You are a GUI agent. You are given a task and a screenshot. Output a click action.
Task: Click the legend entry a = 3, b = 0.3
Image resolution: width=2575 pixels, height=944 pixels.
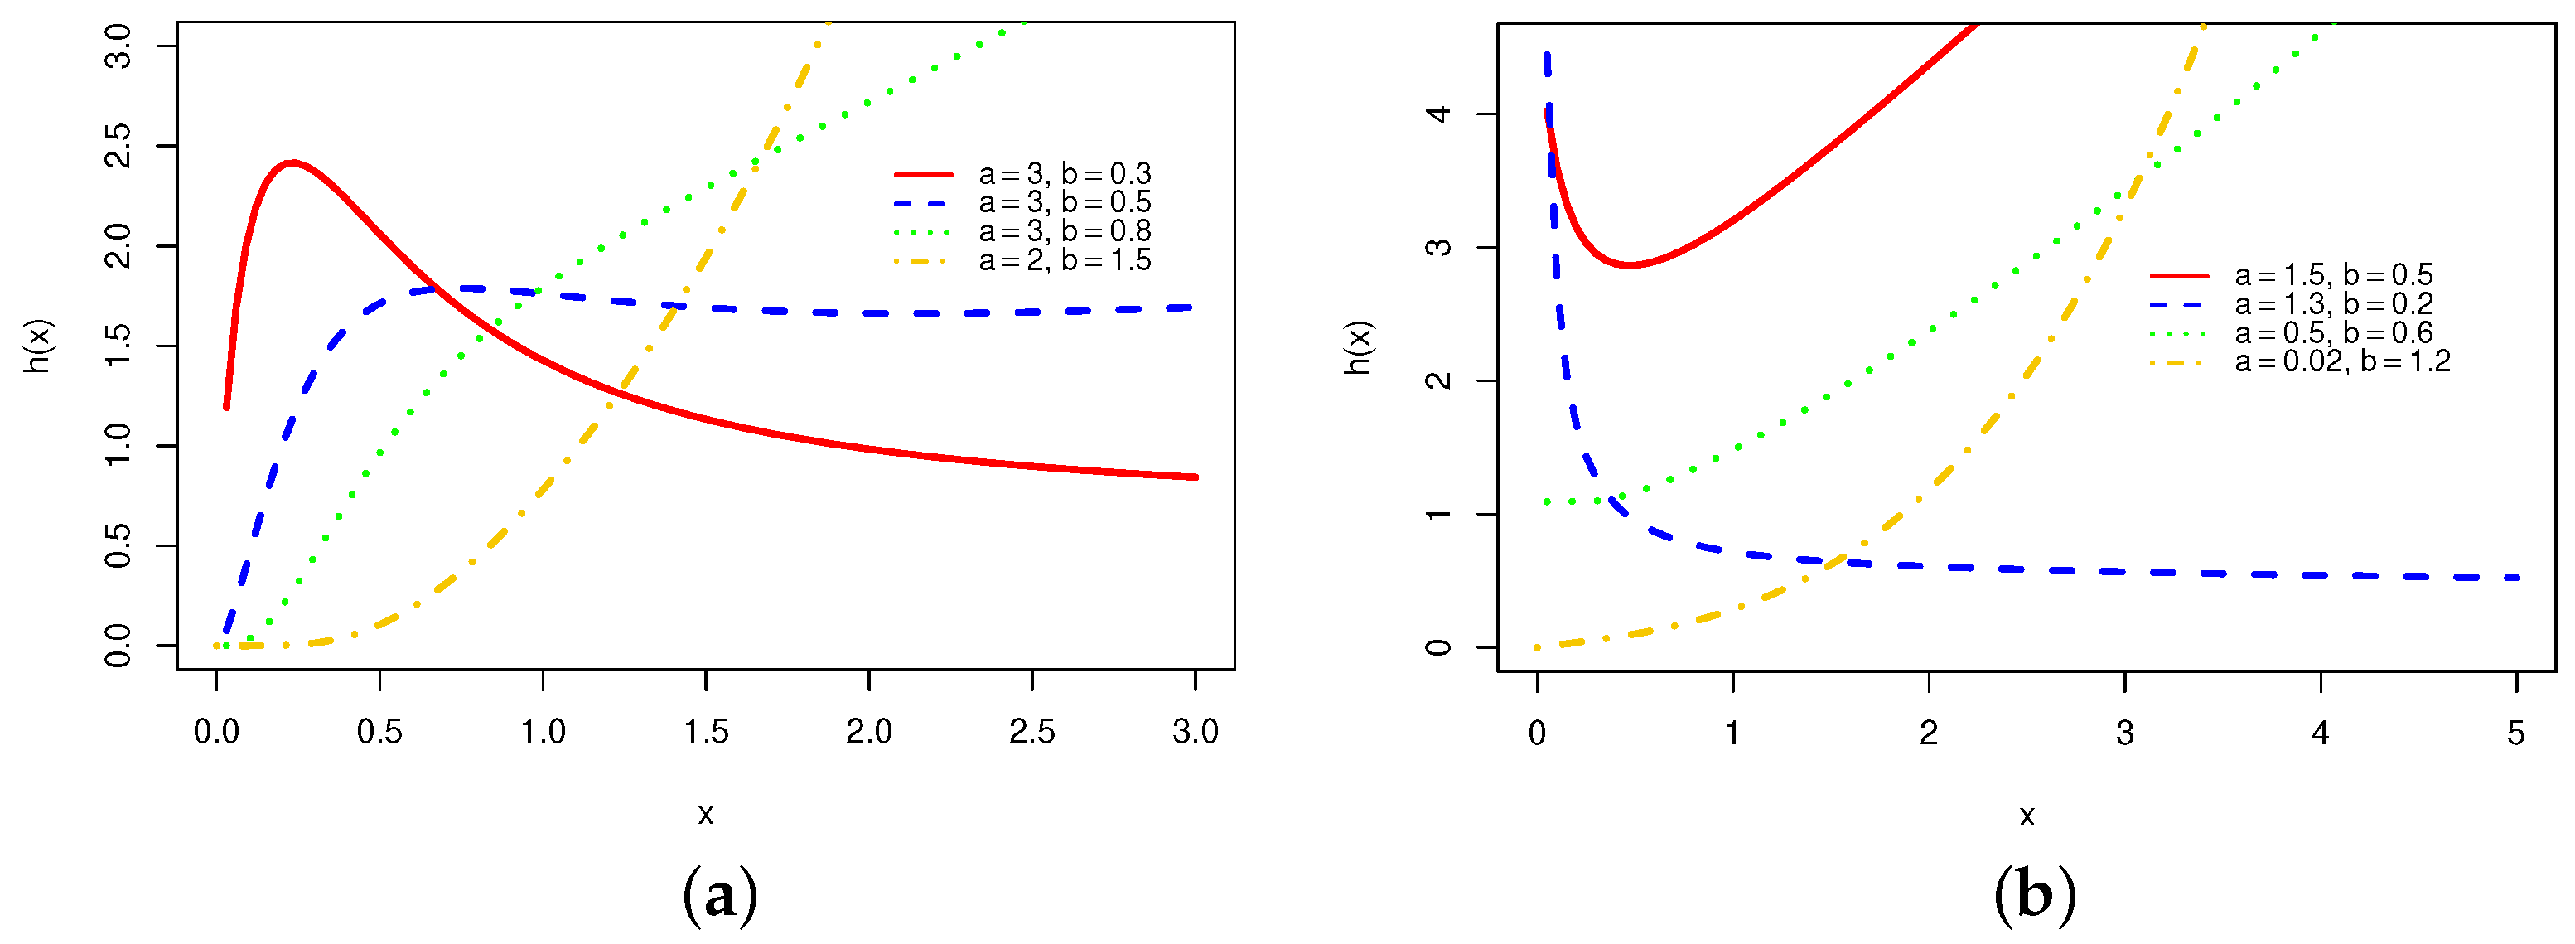click(x=1065, y=174)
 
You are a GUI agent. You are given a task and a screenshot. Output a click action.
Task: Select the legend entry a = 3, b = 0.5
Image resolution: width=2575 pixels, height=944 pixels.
click(x=1065, y=203)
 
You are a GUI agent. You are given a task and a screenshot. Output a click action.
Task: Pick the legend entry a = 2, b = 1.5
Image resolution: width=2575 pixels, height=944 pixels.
click(x=1065, y=260)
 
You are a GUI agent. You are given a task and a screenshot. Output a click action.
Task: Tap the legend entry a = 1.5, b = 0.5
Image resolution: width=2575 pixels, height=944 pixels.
click(x=2333, y=275)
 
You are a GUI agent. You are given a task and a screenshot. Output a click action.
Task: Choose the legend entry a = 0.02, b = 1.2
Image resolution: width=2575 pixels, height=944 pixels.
click(x=2342, y=361)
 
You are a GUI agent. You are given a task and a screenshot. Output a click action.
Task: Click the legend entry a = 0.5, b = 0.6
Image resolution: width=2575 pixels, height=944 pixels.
click(x=2333, y=332)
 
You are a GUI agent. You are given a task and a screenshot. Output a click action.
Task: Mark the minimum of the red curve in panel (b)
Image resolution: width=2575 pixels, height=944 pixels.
click(x=1628, y=265)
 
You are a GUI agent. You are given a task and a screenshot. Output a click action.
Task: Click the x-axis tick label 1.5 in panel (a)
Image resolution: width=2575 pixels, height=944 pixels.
click(x=706, y=731)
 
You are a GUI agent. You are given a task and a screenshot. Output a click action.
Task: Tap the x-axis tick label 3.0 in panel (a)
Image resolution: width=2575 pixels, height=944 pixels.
click(x=1196, y=731)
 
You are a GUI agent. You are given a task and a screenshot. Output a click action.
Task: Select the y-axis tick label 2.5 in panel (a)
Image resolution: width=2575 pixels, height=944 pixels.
click(x=118, y=146)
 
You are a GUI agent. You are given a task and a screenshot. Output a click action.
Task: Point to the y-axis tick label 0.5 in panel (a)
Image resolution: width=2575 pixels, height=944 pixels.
click(x=118, y=546)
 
